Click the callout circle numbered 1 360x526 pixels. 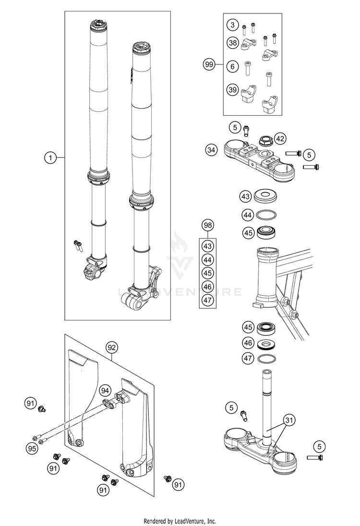49,157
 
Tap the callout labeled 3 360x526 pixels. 233,25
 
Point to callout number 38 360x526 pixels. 233,43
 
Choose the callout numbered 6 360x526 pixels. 233,66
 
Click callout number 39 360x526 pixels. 233,90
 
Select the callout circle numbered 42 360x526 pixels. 280,139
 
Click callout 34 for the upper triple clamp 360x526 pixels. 211,150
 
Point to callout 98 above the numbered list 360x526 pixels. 207,225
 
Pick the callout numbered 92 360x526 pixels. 112,347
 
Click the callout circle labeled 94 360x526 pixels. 105,390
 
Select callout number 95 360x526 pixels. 32,449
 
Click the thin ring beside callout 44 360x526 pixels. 270,214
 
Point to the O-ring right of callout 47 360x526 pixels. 270,358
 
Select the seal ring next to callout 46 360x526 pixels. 270,343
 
